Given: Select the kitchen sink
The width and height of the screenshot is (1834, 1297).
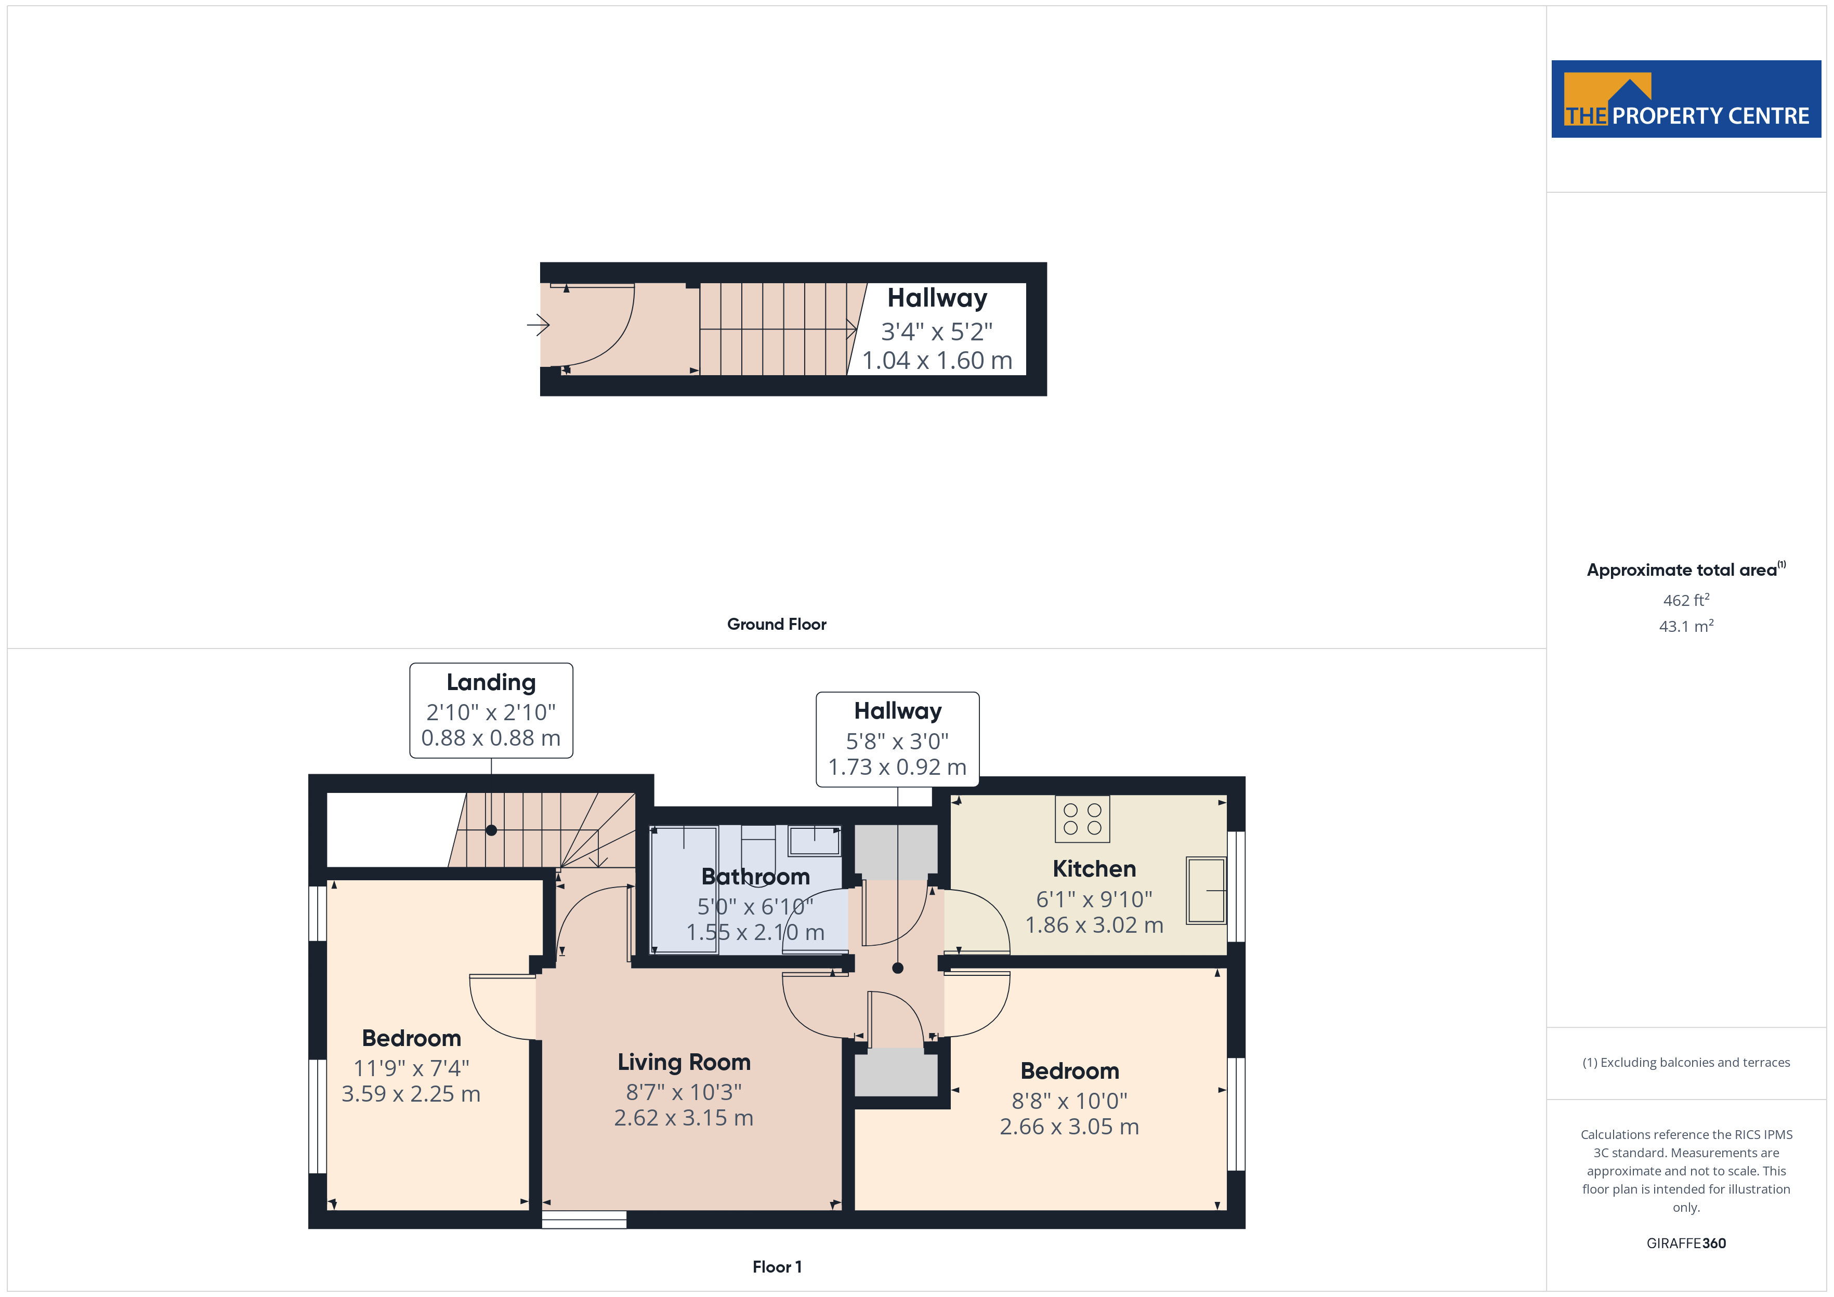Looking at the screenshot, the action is (x=1206, y=891).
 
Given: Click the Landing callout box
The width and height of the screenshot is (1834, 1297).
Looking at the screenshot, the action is (x=491, y=710).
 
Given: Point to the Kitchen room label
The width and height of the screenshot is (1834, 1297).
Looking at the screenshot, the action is (x=1094, y=868).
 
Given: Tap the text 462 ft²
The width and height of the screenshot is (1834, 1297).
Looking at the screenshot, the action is (x=1686, y=599).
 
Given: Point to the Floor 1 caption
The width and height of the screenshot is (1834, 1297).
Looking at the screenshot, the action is (x=777, y=1267).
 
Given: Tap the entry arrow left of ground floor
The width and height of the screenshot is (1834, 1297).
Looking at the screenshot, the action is (x=539, y=325).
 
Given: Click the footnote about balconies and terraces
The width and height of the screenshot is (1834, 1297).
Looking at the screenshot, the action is (x=1686, y=1062).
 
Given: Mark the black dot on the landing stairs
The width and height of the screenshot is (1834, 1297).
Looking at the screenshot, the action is (x=491, y=830).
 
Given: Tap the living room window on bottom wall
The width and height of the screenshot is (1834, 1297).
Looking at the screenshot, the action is (x=584, y=1220).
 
